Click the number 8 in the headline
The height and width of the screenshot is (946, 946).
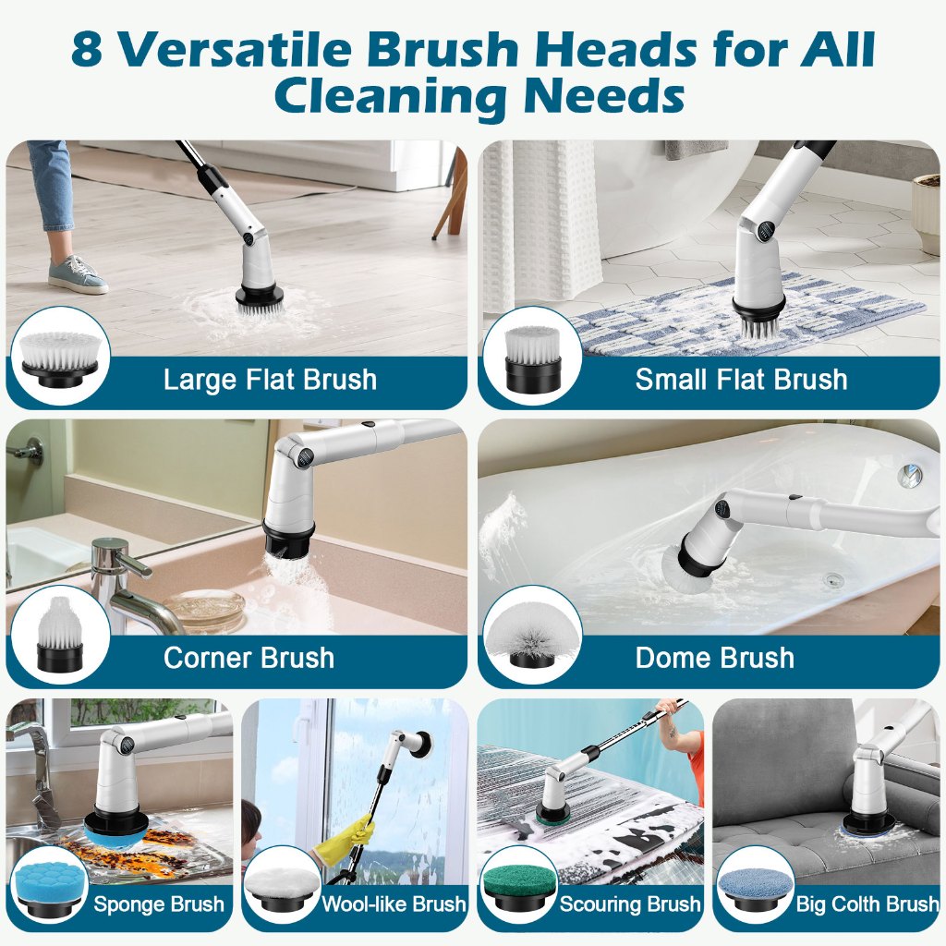[x=86, y=49]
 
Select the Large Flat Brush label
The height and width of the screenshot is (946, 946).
[x=271, y=380]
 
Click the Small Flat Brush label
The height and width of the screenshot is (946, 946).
[x=742, y=380]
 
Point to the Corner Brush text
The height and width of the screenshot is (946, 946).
[x=249, y=658]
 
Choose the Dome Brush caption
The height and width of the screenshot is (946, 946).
[x=714, y=658]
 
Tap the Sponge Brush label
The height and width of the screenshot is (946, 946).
[x=159, y=904]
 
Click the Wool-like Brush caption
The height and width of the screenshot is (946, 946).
[x=394, y=904]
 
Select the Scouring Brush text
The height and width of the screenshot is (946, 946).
[x=630, y=904]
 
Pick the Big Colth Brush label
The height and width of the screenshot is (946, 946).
[x=867, y=904]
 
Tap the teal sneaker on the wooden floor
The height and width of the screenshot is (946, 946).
[x=78, y=274]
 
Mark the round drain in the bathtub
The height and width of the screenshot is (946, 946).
[x=834, y=581]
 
